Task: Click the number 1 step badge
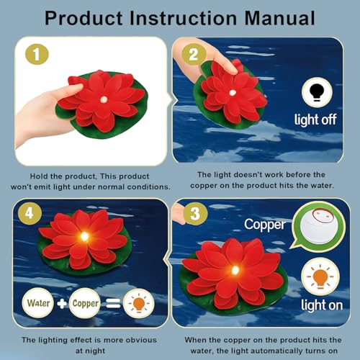pyautogui.click(x=37, y=54)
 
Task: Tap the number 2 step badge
pyautogui.click(x=194, y=54)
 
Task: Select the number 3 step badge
pyautogui.click(x=195, y=213)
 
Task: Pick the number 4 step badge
pyautogui.click(x=30, y=213)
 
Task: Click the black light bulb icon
pyautogui.click(x=317, y=92)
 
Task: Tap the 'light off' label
pyautogui.click(x=315, y=120)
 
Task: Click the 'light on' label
pyautogui.click(x=322, y=305)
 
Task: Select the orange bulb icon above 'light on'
pyautogui.click(x=320, y=276)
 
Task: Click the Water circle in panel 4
pyautogui.click(x=38, y=303)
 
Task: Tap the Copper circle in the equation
pyautogui.click(x=85, y=303)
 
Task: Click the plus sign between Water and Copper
pyautogui.click(x=62, y=303)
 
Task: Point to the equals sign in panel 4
pyautogui.click(x=113, y=303)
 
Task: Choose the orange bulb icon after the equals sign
pyautogui.click(x=139, y=303)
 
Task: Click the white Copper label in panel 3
pyautogui.click(x=265, y=225)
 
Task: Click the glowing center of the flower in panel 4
pyautogui.click(x=84, y=236)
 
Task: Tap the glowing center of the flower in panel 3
pyautogui.click(x=235, y=270)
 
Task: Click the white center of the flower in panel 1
pyautogui.click(x=104, y=99)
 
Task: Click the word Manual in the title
pyautogui.click(x=279, y=19)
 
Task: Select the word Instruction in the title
pyautogui.click(x=184, y=19)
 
